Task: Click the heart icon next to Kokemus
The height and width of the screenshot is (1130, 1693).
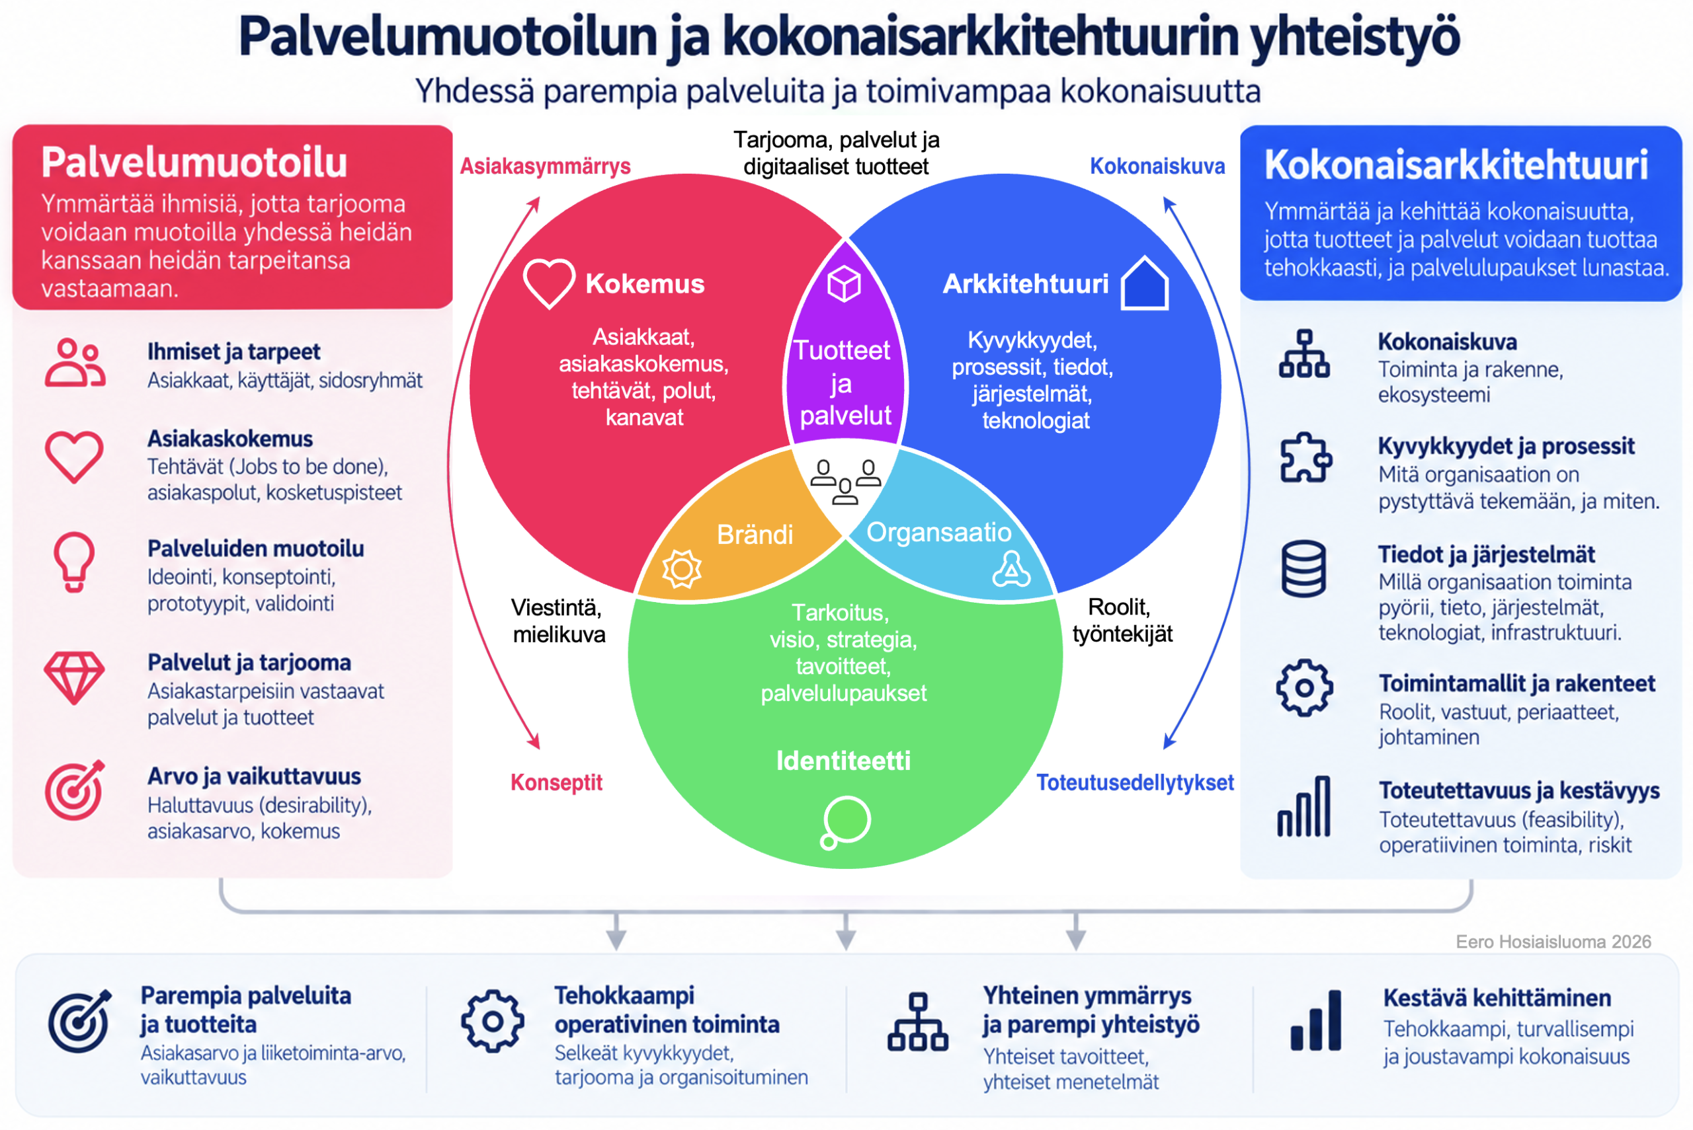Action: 549,283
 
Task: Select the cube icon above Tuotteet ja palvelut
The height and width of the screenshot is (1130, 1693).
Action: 844,283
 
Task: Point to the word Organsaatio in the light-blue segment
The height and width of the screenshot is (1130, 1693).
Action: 939,533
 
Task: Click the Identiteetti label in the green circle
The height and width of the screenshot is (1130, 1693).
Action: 844,761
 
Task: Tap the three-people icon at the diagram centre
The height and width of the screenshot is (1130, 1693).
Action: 845,481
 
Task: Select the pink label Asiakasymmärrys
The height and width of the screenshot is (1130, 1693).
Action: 545,167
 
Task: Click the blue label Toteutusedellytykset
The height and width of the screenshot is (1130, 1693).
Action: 1135,782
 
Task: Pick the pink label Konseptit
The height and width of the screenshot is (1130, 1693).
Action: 556,782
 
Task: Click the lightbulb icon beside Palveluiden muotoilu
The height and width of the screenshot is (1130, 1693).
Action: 74,562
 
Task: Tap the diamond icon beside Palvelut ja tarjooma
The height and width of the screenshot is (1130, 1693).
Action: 74,678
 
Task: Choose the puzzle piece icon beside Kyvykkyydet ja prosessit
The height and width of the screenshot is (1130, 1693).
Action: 1305,458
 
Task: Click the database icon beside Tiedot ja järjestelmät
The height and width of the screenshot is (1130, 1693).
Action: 1303,568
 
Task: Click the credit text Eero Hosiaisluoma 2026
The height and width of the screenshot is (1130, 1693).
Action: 1553,942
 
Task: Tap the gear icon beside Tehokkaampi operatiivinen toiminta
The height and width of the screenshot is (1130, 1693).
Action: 493,1021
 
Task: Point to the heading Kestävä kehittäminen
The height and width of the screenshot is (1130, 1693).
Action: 1497,998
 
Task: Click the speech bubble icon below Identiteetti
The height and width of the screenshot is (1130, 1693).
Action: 845,822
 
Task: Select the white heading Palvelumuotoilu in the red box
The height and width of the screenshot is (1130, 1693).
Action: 194,162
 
